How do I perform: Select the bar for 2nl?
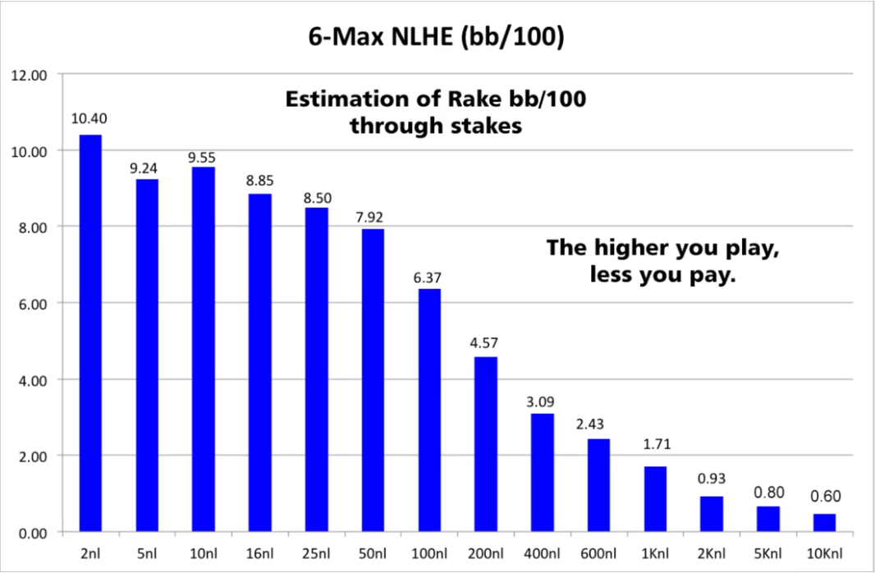pos(90,333)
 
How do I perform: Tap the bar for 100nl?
pos(429,410)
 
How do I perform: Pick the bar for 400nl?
pos(543,473)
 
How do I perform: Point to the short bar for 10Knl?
pos(825,523)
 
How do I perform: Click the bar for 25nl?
pos(316,369)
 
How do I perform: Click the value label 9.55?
pos(203,158)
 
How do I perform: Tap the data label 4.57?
pos(486,346)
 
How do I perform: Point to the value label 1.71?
pos(656,445)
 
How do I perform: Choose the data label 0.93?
pos(712,479)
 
